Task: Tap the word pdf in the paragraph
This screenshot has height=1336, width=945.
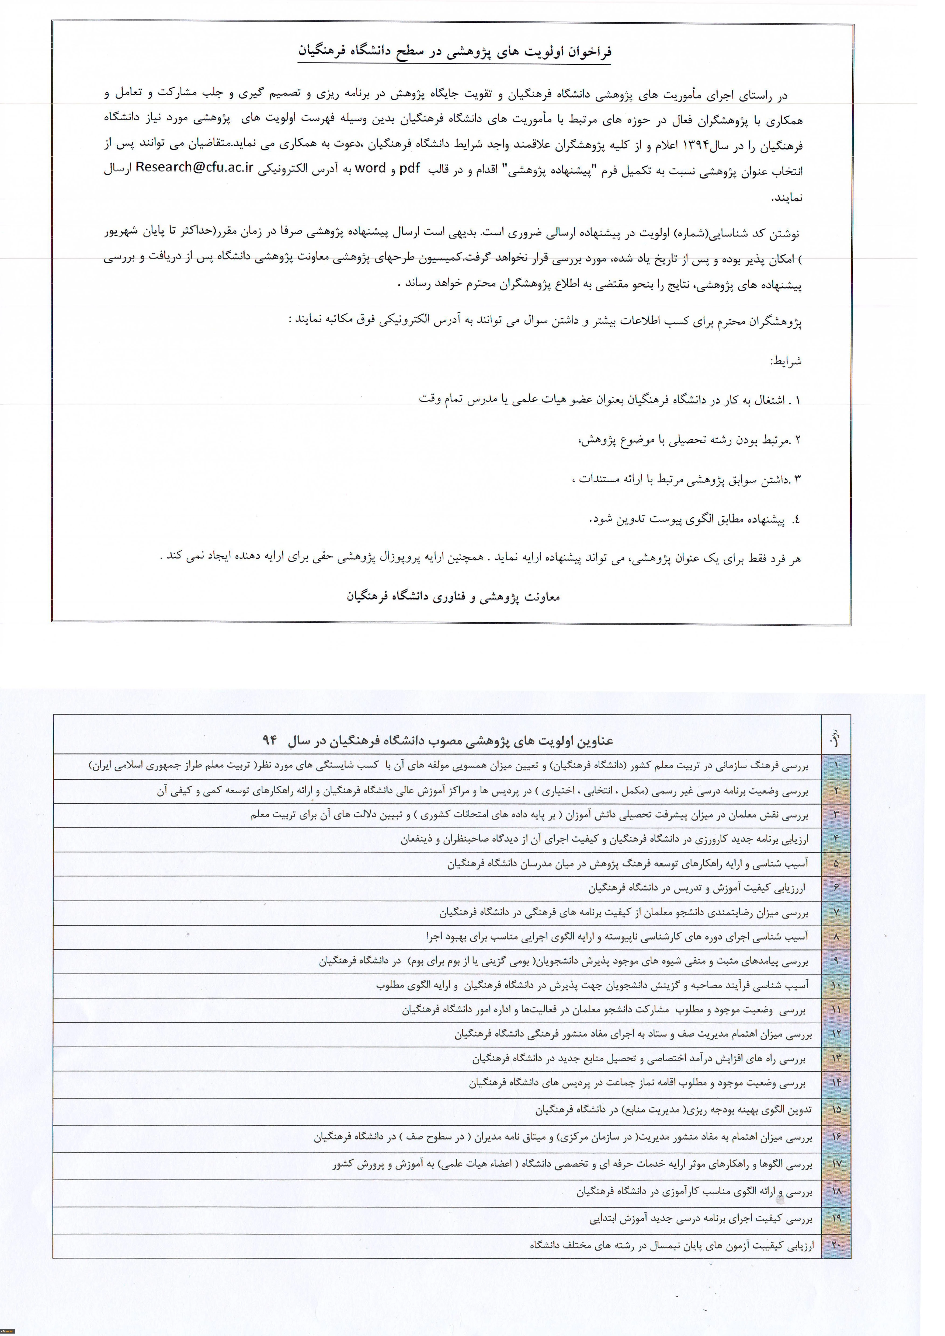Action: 409,169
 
